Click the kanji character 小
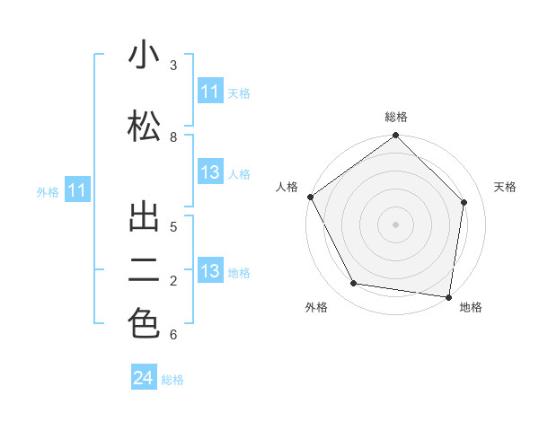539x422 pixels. tap(144, 56)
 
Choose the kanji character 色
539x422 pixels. tap(144, 324)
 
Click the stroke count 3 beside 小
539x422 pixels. tap(173, 65)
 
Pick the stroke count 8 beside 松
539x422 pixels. tap(173, 136)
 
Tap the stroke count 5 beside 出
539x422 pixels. tap(173, 226)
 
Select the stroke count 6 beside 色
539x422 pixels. tap(173, 335)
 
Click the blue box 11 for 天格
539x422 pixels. tap(209, 92)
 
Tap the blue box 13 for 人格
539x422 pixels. tap(209, 173)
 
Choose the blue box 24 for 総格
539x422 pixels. tap(144, 378)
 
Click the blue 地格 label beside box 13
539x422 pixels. tap(239, 272)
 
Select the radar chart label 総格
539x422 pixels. tap(395, 117)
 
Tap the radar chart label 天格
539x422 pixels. tap(505, 187)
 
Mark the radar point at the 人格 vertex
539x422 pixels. tap(310, 197)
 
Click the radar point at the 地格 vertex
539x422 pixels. tap(448, 295)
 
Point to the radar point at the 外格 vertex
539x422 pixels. tap(353, 284)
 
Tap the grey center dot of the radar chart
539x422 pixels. tap(395, 224)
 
